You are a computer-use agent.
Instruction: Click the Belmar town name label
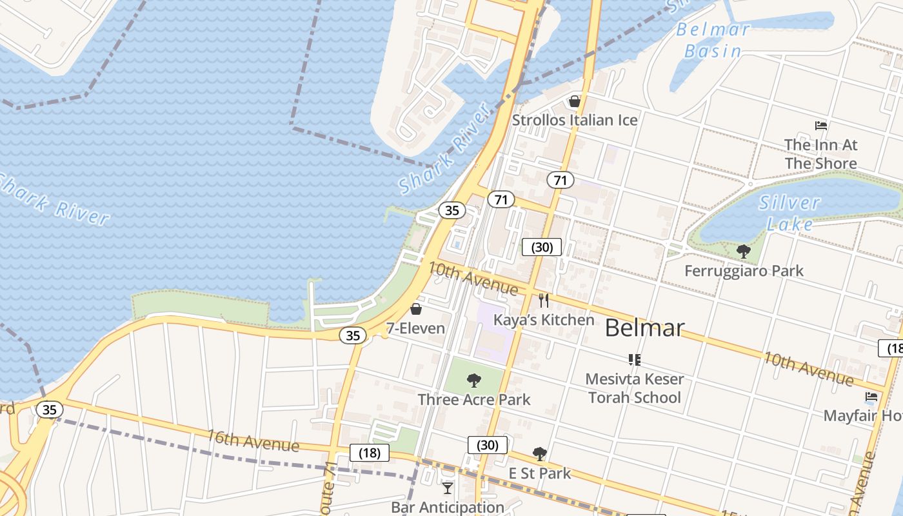(x=644, y=328)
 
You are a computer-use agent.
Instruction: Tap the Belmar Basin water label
(x=713, y=40)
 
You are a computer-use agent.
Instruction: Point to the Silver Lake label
(x=789, y=213)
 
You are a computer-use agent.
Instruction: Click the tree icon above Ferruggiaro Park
(x=744, y=252)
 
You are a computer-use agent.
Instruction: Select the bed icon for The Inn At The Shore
(x=821, y=125)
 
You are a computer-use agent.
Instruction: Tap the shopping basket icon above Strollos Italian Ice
(x=575, y=101)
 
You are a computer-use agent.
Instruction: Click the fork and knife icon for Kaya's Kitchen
(x=544, y=300)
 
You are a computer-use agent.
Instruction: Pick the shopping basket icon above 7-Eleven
(x=416, y=310)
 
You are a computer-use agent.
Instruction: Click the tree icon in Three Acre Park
(x=474, y=381)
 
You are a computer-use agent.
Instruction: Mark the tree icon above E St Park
(x=540, y=454)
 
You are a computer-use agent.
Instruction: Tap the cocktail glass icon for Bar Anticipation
(x=448, y=488)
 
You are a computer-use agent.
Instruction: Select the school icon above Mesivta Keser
(x=634, y=359)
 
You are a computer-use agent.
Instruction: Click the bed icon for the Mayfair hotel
(x=871, y=397)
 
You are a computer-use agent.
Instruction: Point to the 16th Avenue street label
(x=253, y=441)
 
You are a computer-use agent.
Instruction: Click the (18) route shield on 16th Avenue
(x=370, y=453)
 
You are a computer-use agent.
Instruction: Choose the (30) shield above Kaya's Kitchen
(x=542, y=247)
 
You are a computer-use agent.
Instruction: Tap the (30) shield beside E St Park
(x=488, y=445)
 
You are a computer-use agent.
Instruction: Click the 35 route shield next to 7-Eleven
(x=353, y=335)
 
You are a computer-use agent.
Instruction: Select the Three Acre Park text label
(x=474, y=400)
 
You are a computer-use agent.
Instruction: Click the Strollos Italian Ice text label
(x=575, y=120)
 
